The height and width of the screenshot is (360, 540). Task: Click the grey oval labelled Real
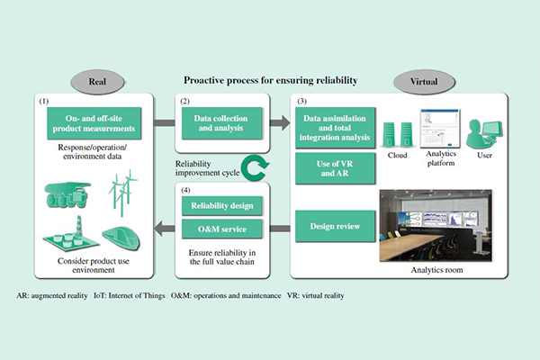(x=97, y=82)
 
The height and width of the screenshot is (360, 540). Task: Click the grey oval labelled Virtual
(x=424, y=82)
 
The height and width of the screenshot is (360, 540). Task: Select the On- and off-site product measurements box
(x=94, y=123)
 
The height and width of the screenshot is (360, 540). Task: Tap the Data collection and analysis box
(x=221, y=123)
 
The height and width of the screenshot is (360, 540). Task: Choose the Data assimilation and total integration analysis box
(x=335, y=128)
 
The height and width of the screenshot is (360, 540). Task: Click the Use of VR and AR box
(x=335, y=168)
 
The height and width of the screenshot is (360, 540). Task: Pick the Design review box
(x=335, y=226)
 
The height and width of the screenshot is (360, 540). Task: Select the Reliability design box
(x=221, y=206)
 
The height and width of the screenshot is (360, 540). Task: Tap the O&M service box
(x=221, y=229)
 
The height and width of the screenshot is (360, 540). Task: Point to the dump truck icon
(x=67, y=194)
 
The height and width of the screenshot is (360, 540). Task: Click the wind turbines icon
(x=123, y=193)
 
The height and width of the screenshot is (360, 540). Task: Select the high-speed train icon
(x=121, y=238)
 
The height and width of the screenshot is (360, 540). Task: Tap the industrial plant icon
(x=71, y=234)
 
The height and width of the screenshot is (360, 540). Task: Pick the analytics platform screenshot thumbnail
(x=440, y=129)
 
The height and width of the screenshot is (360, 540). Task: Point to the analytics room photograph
(x=436, y=226)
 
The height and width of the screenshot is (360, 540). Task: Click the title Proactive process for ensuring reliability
(x=271, y=80)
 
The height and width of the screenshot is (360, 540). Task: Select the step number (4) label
(x=185, y=190)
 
